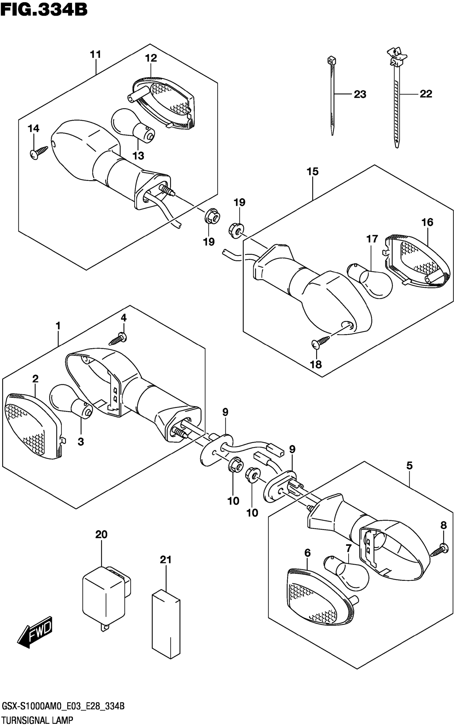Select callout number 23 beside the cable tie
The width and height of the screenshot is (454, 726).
(360, 94)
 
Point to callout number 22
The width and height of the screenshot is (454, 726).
(426, 94)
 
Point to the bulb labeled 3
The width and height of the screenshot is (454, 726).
(71, 401)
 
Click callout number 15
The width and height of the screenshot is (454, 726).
(312, 172)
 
